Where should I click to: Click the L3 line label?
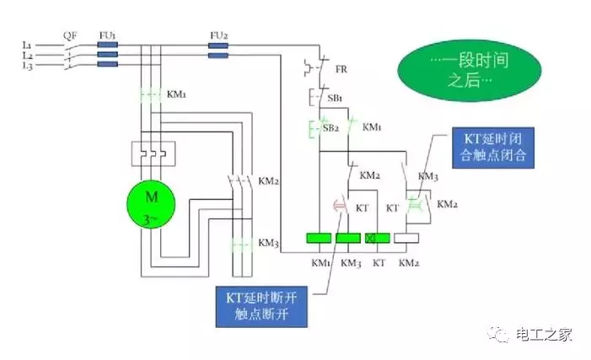[x=27, y=66]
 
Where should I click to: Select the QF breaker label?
[x=71, y=35]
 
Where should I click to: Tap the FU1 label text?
[x=107, y=35]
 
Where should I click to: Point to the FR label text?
[x=341, y=68]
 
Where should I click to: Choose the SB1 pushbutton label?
[x=335, y=99]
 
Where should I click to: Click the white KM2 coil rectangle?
[x=407, y=239]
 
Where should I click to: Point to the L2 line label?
[x=27, y=54]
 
